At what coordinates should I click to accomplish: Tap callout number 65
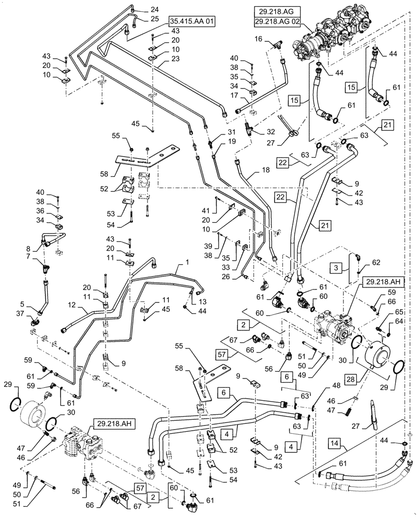point(399,312)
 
